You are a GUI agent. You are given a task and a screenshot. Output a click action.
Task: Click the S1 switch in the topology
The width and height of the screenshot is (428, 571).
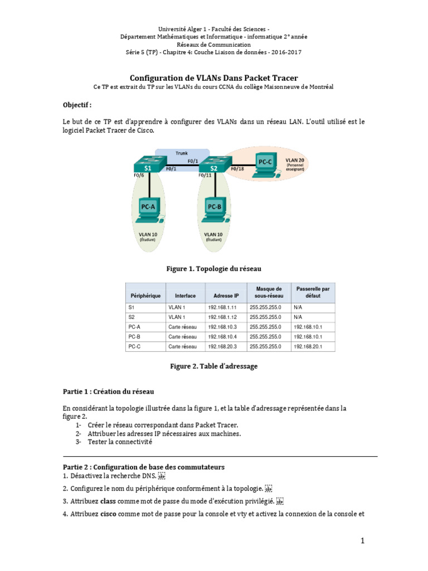tap(148, 167)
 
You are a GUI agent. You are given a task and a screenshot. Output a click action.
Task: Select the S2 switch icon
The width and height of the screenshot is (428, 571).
tap(212, 167)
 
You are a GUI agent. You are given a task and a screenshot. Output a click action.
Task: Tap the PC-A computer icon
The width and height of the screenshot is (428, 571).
tap(148, 210)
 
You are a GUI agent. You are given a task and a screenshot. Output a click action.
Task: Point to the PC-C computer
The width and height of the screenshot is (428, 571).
tap(265, 163)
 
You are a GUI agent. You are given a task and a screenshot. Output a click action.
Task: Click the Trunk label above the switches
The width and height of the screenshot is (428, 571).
tap(182, 153)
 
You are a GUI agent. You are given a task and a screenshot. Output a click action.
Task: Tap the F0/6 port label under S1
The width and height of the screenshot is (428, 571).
tap(139, 176)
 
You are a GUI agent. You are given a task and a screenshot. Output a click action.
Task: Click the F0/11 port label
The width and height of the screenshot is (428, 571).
tap(206, 176)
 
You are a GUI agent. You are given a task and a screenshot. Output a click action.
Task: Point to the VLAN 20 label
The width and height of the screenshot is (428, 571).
tap(295, 160)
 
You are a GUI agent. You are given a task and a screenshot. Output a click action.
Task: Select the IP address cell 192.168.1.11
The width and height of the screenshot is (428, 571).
tap(222, 307)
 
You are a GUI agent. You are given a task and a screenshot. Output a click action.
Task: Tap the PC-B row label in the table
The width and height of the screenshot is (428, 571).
tap(134, 336)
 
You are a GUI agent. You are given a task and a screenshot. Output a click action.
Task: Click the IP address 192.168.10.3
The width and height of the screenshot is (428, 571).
tap(222, 327)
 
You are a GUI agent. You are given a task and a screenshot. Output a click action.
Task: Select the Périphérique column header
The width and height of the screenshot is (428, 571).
tap(145, 296)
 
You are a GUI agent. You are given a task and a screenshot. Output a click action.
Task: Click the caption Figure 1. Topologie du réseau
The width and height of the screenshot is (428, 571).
tap(213, 269)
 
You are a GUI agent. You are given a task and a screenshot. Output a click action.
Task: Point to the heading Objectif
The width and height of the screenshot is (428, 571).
tap(77, 104)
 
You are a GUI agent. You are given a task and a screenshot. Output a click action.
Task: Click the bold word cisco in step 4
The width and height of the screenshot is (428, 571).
tap(109, 514)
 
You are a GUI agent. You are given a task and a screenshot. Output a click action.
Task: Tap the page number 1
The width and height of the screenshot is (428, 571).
tap(362, 540)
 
